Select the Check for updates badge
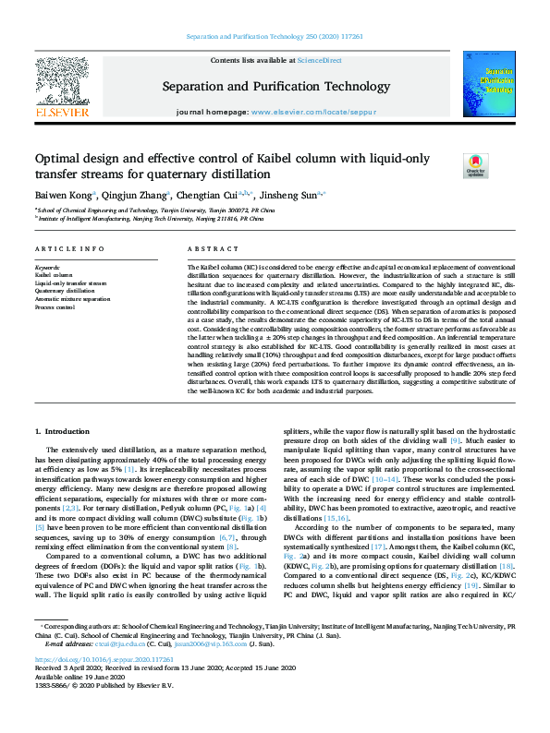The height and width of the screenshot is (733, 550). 500,165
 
